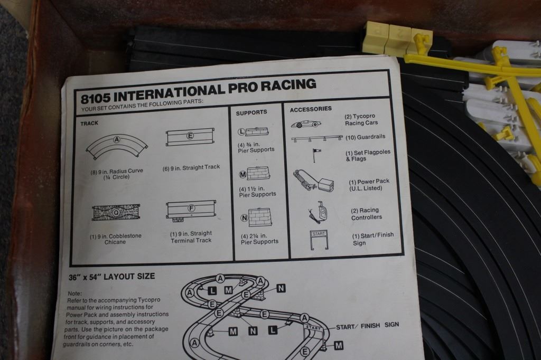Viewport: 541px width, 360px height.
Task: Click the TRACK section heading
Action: (x=89, y=123)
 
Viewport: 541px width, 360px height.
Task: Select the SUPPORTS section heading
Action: (x=251, y=112)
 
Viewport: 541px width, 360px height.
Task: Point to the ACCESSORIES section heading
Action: (x=311, y=109)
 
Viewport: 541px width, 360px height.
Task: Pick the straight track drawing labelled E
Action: (x=190, y=137)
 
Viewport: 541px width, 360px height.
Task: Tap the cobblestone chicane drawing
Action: (x=116, y=212)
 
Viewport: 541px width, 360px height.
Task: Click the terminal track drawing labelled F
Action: (x=191, y=210)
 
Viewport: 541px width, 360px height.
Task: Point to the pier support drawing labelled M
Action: (x=255, y=174)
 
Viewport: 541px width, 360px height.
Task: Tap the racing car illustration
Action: (x=306, y=124)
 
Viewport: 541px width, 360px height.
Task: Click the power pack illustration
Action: (x=313, y=181)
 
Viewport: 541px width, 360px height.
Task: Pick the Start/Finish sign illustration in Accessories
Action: (x=319, y=240)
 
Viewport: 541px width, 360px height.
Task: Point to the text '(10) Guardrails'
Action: (x=366, y=137)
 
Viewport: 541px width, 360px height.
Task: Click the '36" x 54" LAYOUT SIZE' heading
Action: (x=112, y=277)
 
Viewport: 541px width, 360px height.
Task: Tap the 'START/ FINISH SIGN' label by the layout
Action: (x=368, y=326)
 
